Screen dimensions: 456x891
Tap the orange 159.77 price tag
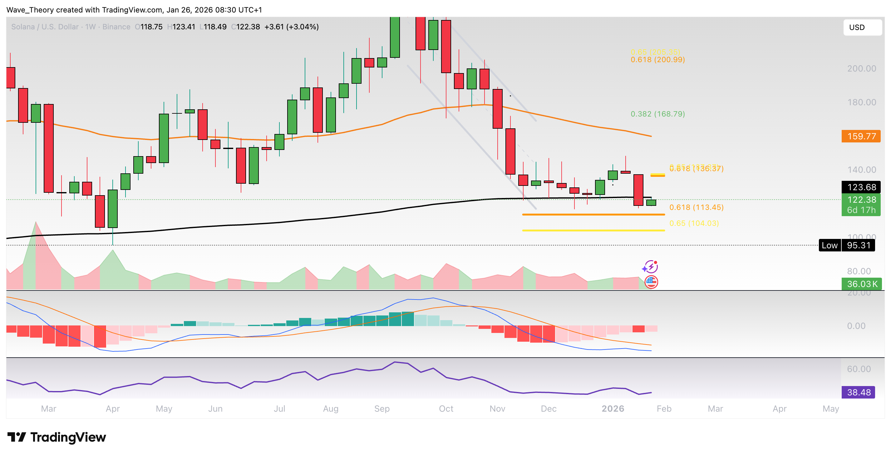[x=861, y=136]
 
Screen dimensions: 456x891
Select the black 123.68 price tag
[x=861, y=187]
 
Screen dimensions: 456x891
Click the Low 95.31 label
[x=846, y=245]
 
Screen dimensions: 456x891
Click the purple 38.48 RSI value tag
[x=858, y=392]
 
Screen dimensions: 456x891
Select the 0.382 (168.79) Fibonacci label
[x=657, y=114]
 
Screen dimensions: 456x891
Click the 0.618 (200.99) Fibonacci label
[x=657, y=60]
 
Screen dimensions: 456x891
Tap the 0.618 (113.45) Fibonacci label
[x=696, y=207]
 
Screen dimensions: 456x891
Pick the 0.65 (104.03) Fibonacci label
[x=694, y=223]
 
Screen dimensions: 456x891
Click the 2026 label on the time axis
[x=613, y=409]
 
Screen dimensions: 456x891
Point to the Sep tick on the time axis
[x=382, y=409]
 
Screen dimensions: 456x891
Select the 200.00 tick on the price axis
[x=861, y=68]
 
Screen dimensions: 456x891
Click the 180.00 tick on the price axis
[x=861, y=102]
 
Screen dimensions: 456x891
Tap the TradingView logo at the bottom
[x=57, y=437]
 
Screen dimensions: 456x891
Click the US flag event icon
[x=651, y=282]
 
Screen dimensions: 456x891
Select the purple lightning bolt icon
[x=650, y=267]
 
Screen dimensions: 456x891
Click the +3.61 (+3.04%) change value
[x=291, y=27]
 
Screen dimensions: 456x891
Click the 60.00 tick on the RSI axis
[x=859, y=369]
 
